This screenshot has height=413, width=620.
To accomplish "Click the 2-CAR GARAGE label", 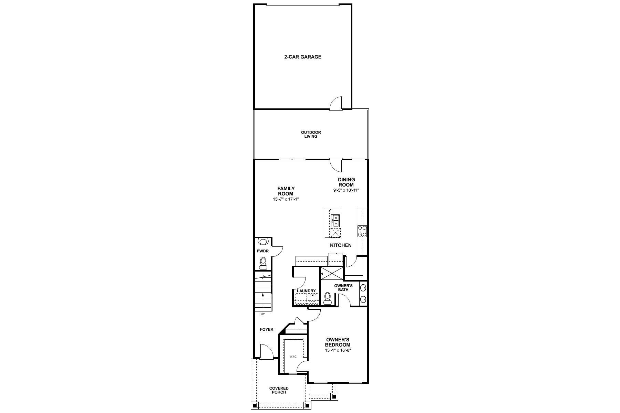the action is [x=302, y=57].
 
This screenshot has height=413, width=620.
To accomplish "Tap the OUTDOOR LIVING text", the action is [x=311, y=134].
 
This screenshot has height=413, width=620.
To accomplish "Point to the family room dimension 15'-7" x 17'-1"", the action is [x=286, y=199].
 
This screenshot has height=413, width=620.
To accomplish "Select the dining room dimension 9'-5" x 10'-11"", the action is [x=346, y=190].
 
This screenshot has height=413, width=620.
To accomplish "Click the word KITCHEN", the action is [x=341, y=245].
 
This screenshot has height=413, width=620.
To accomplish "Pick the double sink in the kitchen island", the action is [x=335, y=221].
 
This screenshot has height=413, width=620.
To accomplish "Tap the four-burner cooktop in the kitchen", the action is [x=362, y=231].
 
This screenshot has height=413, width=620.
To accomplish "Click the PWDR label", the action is [x=262, y=251].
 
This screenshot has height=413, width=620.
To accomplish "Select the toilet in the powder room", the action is [x=263, y=263].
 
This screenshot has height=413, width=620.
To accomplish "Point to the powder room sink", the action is [x=263, y=242].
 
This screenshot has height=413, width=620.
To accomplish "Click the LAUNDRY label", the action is [x=306, y=291].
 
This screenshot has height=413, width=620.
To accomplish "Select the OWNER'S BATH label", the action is [x=343, y=288].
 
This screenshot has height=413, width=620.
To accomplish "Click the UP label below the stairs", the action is [x=263, y=314].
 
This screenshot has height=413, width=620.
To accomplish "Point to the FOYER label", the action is [x=267, y=329].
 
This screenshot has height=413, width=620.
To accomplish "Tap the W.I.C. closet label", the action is [x=293, y=357].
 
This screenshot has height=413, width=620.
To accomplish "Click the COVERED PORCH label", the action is [x=279, y=390].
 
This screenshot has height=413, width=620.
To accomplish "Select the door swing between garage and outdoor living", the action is [x=336, y=103].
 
